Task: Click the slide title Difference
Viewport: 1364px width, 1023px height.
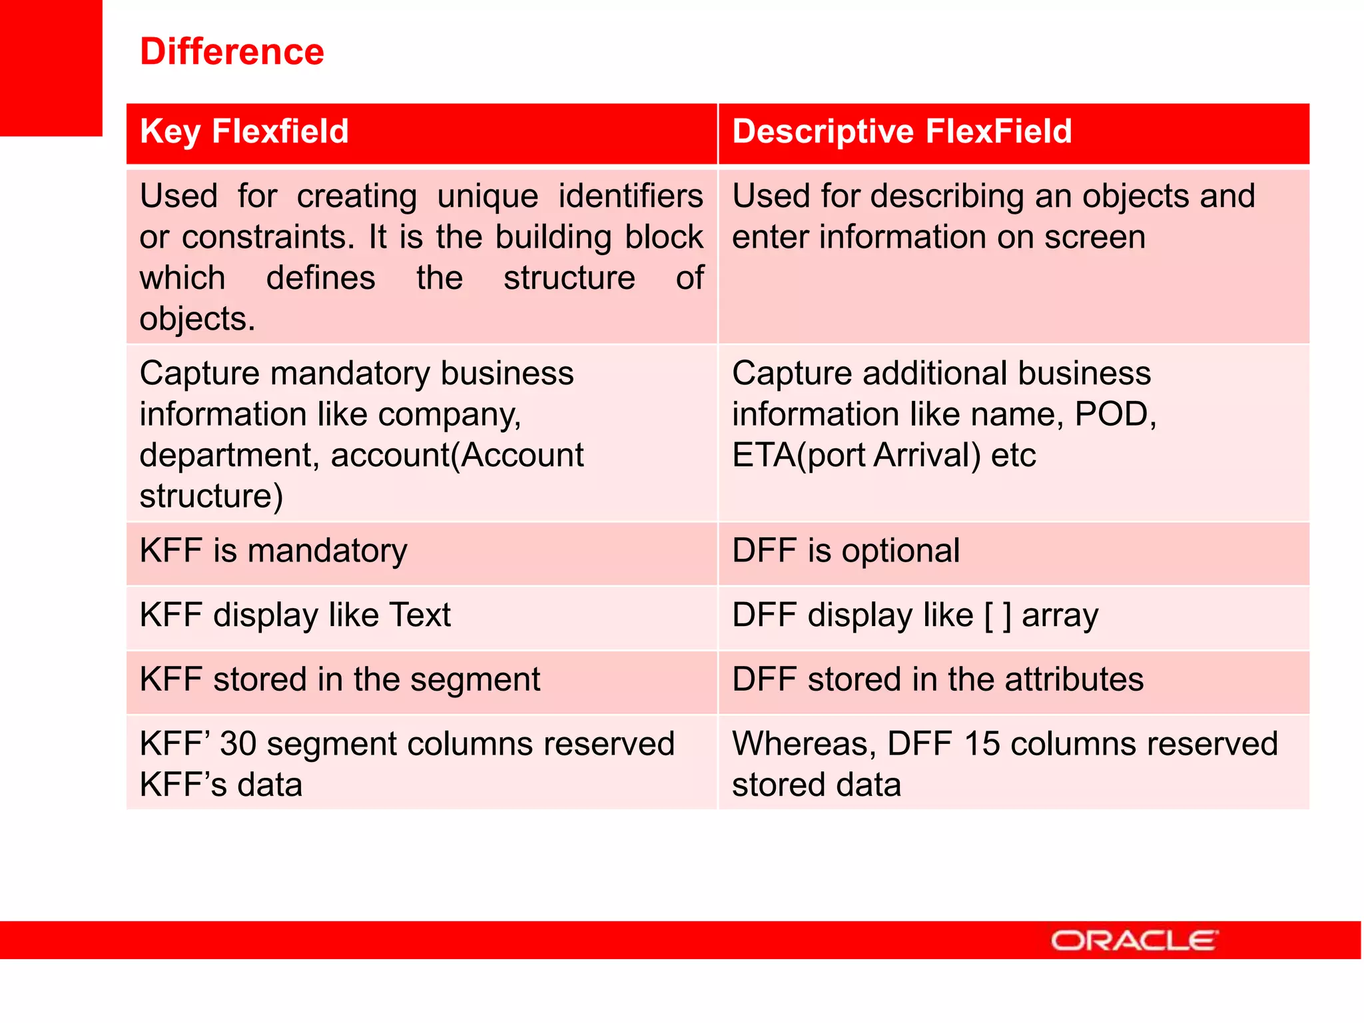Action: click(232, 51)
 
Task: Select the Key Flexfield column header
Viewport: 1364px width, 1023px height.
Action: click(244, 131)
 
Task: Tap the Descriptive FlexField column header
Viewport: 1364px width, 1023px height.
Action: click(902, 131)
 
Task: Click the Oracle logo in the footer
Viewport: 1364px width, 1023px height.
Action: click(1134, 940)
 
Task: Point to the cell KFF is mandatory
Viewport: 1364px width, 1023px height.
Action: click(273, 551)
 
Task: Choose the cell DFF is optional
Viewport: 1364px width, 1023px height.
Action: click(845, 551)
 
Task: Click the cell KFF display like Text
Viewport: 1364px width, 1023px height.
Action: click(295, 615)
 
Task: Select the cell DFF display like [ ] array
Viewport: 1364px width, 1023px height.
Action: click(914, 615)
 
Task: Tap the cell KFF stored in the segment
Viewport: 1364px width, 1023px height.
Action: click(340, 680)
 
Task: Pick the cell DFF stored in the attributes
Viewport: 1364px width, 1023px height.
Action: click(937, 680)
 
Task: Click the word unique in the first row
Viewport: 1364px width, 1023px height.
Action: click(488, 197)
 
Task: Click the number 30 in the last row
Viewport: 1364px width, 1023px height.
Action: click(238, 744)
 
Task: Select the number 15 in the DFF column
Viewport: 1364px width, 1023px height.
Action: click(981, 744)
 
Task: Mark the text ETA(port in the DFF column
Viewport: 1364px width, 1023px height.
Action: click(799, 456)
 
